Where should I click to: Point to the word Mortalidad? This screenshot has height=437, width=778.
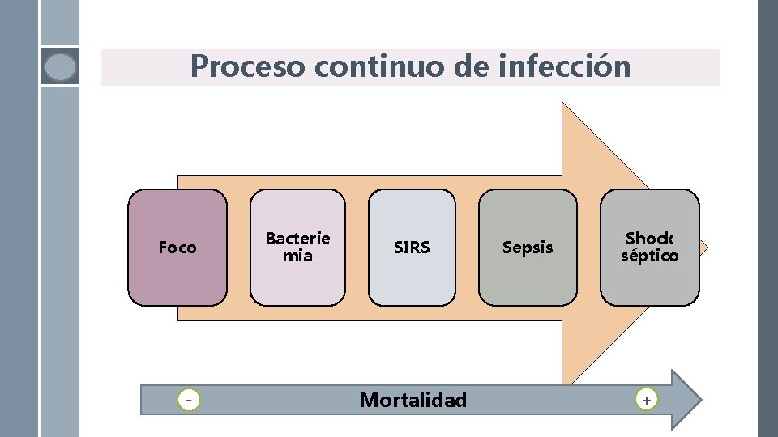point(413,400)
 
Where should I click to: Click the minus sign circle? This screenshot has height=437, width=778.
point(189,400)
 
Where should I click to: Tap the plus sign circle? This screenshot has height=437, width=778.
point(646,400)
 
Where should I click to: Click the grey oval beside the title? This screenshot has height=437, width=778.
point(60,66)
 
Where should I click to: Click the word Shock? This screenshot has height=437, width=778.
point(649,239)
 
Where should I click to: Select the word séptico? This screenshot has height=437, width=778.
point(649,256)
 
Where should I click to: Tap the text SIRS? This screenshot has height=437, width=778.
point(412,248)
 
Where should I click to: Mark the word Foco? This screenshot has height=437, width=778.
point(177,248)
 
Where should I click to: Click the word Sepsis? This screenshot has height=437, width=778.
point(528,248)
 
